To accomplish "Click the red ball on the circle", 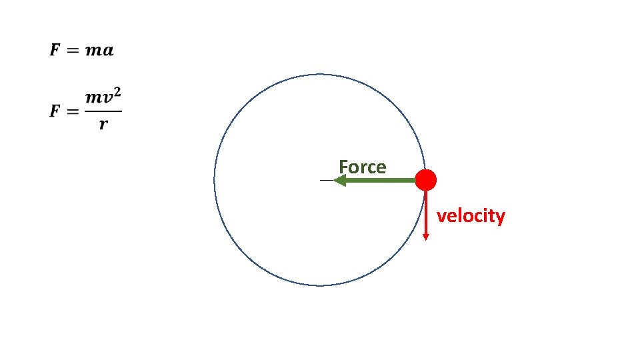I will click(x=425, y=180).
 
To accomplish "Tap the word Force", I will click(x=362, y=167).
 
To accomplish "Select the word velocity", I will click(x=471, y=215).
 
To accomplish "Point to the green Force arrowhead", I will click(x=339, y=180).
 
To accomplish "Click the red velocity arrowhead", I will click(x=426, y=236).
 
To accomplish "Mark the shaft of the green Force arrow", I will click(x=380, y=180).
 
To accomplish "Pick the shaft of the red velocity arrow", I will click(x=426, y=212).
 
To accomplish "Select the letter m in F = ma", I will click(x=92, y=51).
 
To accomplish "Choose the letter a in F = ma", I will click(x=109, y=51).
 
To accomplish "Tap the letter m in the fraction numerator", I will click(x=94, y=98).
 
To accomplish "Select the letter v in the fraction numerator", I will click(x=109, y=98).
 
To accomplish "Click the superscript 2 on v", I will click(x=118, y=94).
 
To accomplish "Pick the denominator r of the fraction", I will click(x=103, y=125).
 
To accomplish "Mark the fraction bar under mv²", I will click(x=103, y=111).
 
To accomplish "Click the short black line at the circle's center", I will click(x=326, y=181).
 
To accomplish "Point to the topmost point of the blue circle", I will click(x=320, y=74).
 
